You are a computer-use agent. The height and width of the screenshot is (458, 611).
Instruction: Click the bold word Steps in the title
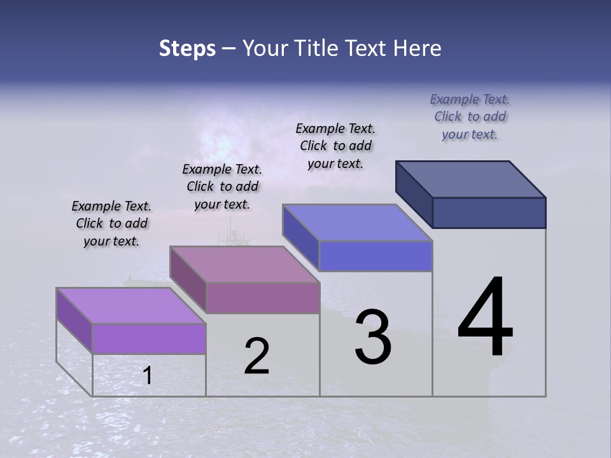tap(187, 48)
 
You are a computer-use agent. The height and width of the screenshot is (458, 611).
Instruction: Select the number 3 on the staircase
tap(373, 337)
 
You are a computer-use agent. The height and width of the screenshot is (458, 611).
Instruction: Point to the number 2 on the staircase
tap(257, 356)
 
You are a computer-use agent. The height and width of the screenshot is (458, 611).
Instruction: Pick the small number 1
tap(148, 376)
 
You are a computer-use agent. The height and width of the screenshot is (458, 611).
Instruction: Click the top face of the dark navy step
tap(471, 179)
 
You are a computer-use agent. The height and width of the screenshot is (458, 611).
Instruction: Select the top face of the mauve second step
tap(244, 264)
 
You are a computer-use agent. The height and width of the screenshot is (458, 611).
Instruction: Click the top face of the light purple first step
tap(131, 305)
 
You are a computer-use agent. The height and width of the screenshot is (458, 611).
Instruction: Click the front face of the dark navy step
tap(489, 212)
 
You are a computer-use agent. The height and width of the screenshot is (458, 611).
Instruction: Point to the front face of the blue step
tap(376, 256)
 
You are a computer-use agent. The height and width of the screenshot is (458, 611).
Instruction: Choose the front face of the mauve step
tap(262, 298)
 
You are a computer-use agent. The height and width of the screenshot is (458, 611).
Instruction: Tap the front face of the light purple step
tap(149, 338)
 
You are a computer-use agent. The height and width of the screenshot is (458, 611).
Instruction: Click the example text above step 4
tap(470, 116)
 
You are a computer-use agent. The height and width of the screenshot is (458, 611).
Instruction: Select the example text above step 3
tap(335, 146)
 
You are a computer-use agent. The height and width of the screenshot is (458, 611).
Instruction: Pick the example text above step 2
tap(222, 186)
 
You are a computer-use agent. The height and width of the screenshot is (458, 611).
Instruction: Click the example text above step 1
tap(111, 223)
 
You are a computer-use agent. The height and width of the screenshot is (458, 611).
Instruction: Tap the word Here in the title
tap(418, 48)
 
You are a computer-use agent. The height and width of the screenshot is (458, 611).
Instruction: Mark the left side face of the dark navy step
tap(414, 194)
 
